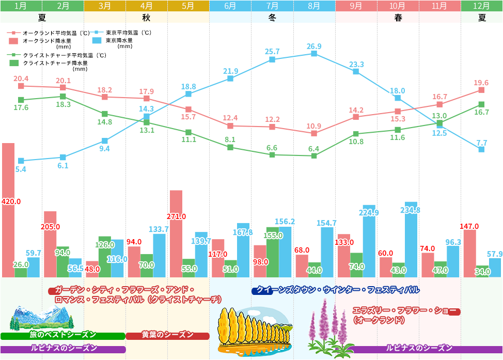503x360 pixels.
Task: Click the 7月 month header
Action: [x=272, y=6]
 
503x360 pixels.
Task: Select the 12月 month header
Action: [x=482, y=6]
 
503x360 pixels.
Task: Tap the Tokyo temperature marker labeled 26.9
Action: [x=314, y=53]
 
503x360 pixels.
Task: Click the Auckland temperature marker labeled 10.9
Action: [x=314, y=133]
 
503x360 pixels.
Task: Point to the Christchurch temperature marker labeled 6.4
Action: [x=314, y=155]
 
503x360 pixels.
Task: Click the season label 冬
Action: [x=272, y=17]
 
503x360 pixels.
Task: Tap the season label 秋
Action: [x=146, y=17]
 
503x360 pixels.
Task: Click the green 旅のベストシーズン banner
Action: [x=62, y=335]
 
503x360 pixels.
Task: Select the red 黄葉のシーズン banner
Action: [x=167, y=335]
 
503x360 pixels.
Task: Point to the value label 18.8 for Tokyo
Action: [x=188, y=86]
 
